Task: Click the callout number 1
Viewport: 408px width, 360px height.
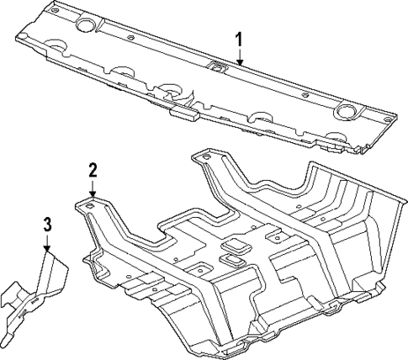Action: pyautogui.click(x=239, y=39)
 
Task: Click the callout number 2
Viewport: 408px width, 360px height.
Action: pyautogui.click(x=93, y=171)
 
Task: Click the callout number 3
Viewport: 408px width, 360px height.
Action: pyautogui.click(x=47, y=224)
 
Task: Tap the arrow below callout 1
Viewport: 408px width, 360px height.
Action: pyautogui.click(x=239, y=58)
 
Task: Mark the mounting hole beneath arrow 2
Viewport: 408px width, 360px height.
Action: pyautogui.click(x=89, y=204)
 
